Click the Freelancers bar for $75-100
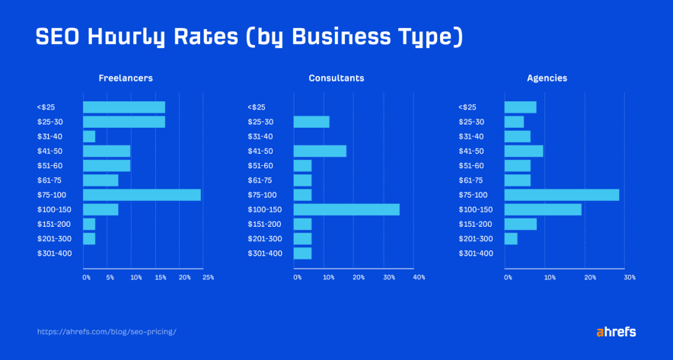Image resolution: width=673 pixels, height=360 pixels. [x=142, y=195]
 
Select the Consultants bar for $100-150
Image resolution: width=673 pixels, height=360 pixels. [x=346, y=209]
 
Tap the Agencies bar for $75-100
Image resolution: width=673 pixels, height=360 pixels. [x=561, y=195]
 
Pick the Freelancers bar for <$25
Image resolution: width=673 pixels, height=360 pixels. [x=123, y=107]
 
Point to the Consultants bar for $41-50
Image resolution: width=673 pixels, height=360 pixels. [x=320, y=151]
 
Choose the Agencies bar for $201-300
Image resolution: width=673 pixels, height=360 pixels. [x=510, y=239]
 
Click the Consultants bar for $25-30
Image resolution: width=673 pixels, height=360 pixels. [x=311, y=122]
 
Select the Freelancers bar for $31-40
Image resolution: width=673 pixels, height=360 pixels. [x=89, y=136]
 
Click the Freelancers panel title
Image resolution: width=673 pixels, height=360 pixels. [x=126, y=78]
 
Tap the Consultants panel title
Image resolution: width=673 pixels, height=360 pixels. [x=336, y=78]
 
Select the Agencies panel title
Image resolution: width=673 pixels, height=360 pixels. [x=547, y=78]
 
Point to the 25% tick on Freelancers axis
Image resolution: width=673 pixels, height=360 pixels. [x=208, y=278]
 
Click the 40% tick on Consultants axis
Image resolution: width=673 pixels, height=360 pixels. [x=418, y=278]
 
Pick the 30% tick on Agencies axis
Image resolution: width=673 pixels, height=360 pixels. [x=629, y=278]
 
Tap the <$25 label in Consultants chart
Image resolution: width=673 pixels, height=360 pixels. [x=257, y=107]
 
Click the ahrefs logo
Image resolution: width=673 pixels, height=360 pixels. [x=615, y=332]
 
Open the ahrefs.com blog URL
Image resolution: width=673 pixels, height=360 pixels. [x=107, y=332]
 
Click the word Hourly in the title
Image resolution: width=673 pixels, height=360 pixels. [x=134, y=37]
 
